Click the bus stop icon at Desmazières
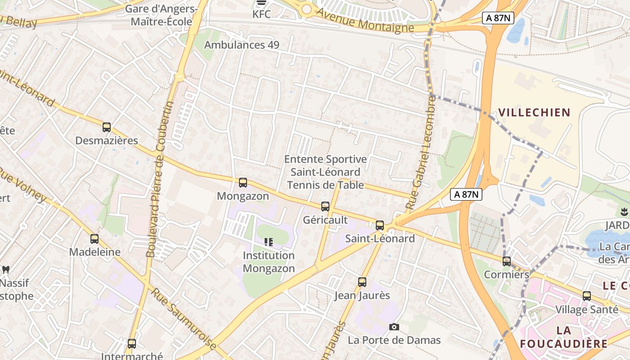[x=107, y=127]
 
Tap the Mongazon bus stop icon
[x=243, y=183]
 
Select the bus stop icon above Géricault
[x=325, y=207]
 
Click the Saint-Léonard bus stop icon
[x=380, y=225]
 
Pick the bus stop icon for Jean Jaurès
[x=362, y=282]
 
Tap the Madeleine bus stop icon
[x=94, y=239]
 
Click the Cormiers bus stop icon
[x=507, y=261]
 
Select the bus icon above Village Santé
[x=587, y=296]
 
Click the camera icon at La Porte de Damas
[x=394, y=327]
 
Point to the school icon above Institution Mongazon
[x=269, y=242]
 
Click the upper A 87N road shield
[x=498, y=18]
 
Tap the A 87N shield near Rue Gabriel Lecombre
[x=466, y=194]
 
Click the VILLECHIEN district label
[x=534, y=112]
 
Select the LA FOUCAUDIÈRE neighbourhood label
[x=563, y=337]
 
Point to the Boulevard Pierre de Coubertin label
[x=160, y=180]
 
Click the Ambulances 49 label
[x=242, y=45]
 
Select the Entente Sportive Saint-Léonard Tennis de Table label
[x=325, y=172]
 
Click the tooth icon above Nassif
[x=6, y=270]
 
